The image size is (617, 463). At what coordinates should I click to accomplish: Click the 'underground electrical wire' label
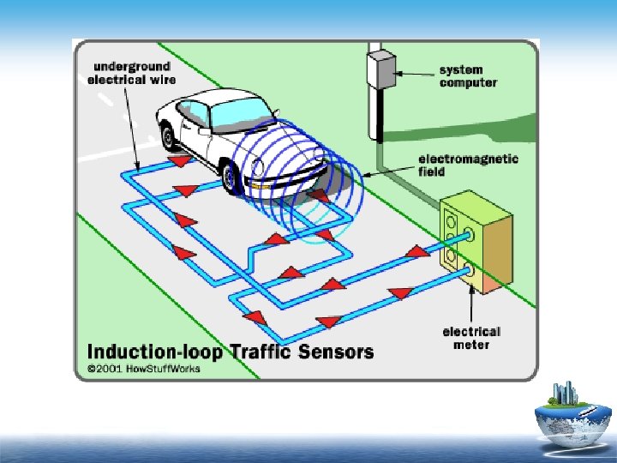(132, 73)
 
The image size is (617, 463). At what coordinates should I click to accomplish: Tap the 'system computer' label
(468, 76)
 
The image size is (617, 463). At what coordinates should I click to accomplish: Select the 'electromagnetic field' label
(467, 165)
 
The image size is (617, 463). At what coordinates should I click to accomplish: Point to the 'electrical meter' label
(471, 338)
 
